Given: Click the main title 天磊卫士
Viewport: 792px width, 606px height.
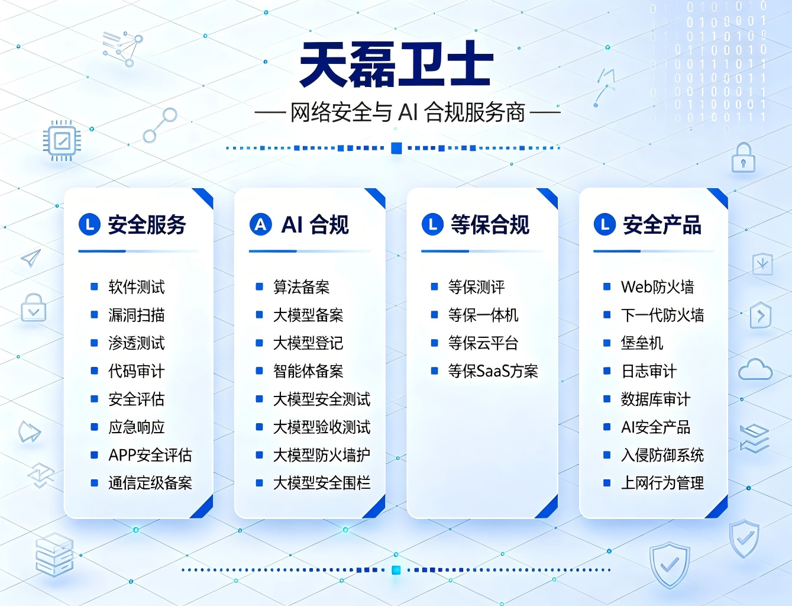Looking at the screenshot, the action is point(396,65).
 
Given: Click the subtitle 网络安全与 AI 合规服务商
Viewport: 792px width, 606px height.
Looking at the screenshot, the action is point(408,112).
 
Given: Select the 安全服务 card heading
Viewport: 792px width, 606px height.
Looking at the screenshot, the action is point(147,224).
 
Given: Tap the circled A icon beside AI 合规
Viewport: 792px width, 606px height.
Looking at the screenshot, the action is point(260,224).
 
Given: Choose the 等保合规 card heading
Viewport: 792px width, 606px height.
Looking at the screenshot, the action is point(490,224).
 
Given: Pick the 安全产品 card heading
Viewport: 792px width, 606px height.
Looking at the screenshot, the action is point(662,224).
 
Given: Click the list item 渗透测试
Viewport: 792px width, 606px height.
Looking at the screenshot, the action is point(137,343).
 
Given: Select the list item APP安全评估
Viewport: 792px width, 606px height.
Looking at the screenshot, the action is point(150,454).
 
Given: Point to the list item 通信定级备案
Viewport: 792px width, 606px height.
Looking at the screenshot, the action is point(150,483).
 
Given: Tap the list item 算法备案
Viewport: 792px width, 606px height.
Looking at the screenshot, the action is point(301,287).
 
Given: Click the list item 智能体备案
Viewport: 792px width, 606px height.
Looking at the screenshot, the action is point(308,371).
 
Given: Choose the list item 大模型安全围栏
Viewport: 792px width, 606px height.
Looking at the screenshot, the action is point(322,483).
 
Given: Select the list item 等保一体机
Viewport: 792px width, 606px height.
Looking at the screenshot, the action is point(483,315).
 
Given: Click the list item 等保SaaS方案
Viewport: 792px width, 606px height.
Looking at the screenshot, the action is point(493,371).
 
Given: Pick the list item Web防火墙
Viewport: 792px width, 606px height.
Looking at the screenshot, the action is point(657,287).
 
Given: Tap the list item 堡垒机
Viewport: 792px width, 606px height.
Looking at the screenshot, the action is point(642,343).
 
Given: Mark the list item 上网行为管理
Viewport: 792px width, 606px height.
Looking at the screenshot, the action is point(662,483).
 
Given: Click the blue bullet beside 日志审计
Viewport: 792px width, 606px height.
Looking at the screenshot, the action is point(607,370).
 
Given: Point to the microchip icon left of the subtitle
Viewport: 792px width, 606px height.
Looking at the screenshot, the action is point(62,141).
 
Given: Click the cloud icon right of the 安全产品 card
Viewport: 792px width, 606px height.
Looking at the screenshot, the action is point(755,370).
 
